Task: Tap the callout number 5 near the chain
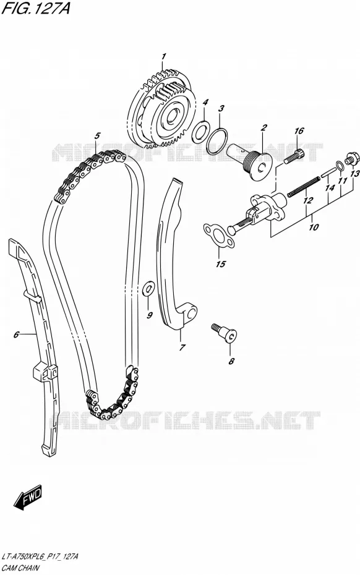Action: [97, 135]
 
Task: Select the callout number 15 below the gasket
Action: [221, 263]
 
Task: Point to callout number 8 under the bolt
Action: [231, 361]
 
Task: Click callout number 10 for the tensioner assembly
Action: [314, 227]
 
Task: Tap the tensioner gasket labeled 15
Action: [219, 236]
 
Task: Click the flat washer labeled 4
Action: [200, 131]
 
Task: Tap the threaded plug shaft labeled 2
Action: [249, 161]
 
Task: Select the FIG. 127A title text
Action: [36, 8]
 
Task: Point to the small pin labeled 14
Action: [328, 172]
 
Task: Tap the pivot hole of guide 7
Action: [192, 313]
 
